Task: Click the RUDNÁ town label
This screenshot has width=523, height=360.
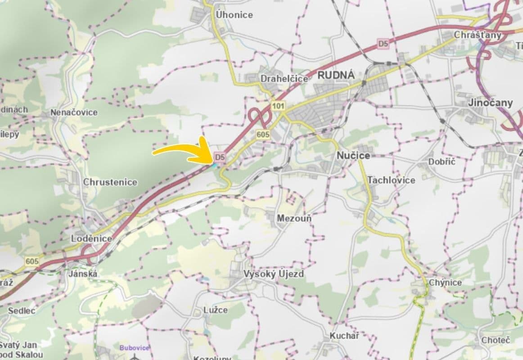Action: click(x=336, y=75)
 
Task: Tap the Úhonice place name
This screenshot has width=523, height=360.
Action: click(x=234, y=14)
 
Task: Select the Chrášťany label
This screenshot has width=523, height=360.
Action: click(x=478, y=35)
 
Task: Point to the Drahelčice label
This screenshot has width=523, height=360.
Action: click(x=284, y=79)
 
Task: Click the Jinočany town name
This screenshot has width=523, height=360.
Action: click(x=490, y=103)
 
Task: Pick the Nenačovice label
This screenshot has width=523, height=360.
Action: click(x=74, y=112)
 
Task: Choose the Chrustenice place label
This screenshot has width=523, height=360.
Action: click(x=110, y=182)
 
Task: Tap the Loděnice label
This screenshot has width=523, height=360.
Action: click(x=91, y=238)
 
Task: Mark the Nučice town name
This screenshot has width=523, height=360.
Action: click(x=353, y=155)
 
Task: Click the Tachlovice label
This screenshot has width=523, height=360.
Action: click(x=391, y=180)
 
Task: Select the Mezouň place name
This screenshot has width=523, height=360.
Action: click(x=294, y=218)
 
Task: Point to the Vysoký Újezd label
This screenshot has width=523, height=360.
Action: click(x=274, y=274)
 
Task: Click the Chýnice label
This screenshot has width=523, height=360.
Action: click(x=445, y=282)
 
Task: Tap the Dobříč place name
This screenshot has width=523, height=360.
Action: click(x=442, y=162)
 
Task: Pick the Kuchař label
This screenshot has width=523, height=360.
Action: click(x=344, y=335)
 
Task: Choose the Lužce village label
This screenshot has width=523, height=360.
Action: click(x=216, y=310)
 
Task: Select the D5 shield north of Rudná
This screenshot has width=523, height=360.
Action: click(x=383, y=44)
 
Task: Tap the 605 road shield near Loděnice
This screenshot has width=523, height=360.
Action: click(x=32, y=261)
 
